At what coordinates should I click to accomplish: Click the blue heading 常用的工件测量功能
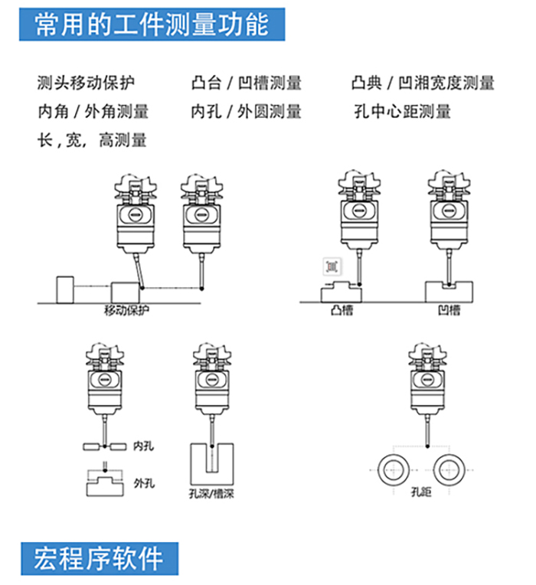tap(153, 25)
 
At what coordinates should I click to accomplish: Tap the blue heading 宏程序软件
tap(100, 557)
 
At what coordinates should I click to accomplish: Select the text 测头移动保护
tap(89, 83)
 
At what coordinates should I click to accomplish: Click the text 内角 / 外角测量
tap(93, 112)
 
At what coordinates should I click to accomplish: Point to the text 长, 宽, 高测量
tap(91, 140)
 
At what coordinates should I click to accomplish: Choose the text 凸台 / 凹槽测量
tap(246, 83)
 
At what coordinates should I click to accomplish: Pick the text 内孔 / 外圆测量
tap(246, 112)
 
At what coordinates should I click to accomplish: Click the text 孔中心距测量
tap(403, 112)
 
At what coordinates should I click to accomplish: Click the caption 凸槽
tap(342, 310)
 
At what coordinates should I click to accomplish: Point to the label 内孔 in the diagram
tap(143, 445)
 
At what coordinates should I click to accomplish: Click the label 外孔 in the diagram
tap(144, 483)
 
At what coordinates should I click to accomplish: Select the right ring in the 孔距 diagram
tap(449, 466)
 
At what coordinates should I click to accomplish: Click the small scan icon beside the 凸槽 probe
tap(332, 266)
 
